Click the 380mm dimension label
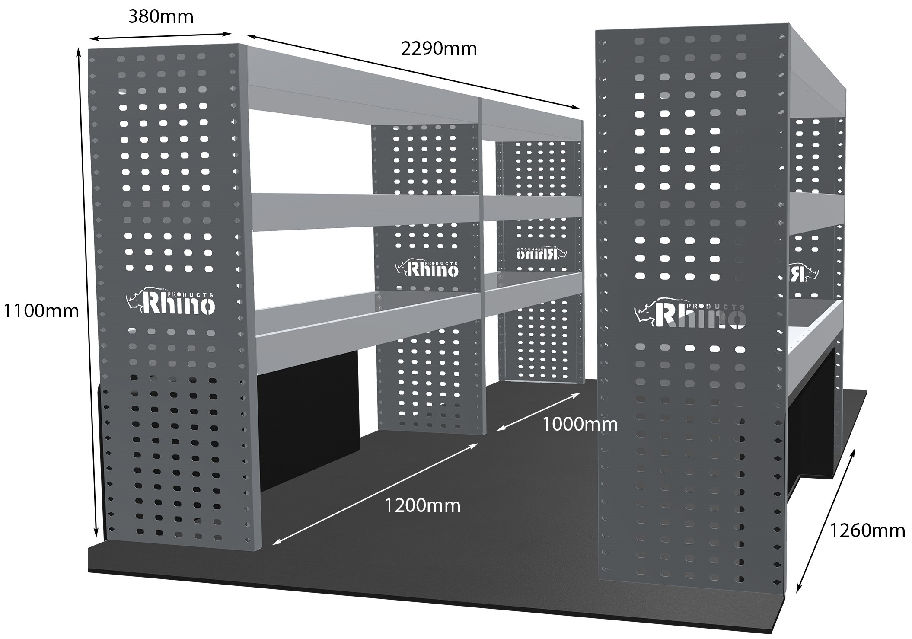pos(161,17)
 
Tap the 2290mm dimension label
pos(439,49)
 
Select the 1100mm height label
pos(41,311)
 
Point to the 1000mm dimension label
pos(580,424)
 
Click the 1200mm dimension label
pos(422,505)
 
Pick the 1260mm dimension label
pos(867,530)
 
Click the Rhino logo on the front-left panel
pos(171,302)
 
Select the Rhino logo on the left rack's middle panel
pos(427,269)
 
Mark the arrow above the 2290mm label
pos(413,72)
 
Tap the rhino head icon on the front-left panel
pos(134,300)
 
